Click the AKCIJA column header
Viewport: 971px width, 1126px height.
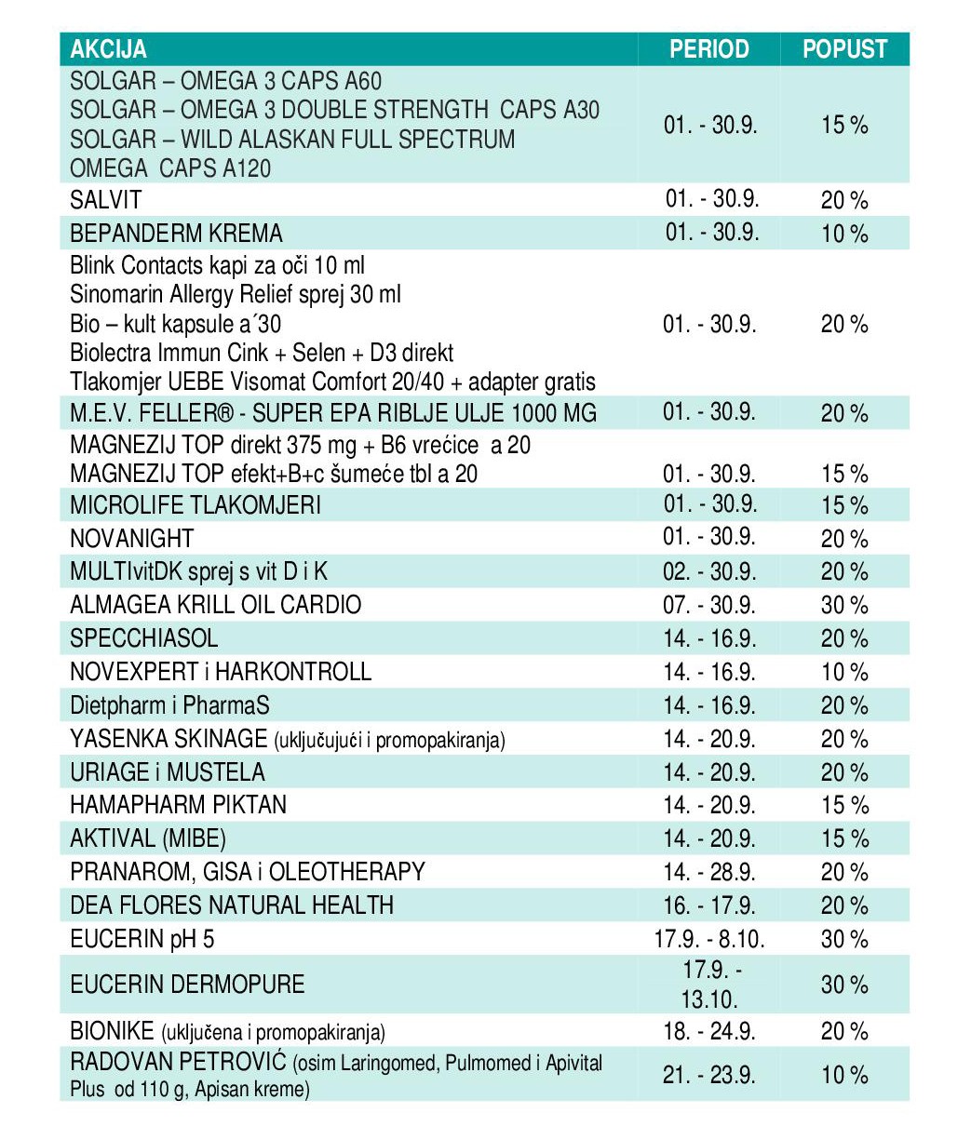coord(108,49)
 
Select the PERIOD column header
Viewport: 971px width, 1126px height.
coord(708,49)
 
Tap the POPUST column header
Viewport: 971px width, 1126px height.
coord(844,49)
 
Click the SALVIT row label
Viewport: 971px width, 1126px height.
coord(106,199)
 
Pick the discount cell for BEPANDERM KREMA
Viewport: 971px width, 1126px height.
coord(844,234)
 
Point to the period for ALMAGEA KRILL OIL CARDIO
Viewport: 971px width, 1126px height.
coord(708,605)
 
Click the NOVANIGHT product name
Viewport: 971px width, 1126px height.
coord(132,539)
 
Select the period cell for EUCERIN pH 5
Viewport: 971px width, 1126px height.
coord(709,939)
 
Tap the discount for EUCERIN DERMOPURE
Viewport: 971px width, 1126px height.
coord(844,985)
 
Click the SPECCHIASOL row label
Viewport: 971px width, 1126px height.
coord(144,637)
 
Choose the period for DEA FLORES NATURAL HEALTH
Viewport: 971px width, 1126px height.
coord(708,905)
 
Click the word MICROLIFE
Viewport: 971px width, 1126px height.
coord(126,505)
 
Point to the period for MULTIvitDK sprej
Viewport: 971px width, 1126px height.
coord(708,572)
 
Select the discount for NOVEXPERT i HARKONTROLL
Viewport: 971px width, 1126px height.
coord(844,672)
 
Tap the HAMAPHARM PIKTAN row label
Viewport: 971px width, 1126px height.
coord(178,805)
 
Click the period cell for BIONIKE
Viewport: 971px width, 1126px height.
coord(708,1031)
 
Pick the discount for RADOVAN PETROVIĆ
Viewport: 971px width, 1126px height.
coord(844,1075)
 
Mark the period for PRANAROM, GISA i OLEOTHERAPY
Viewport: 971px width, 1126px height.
coord(708,872)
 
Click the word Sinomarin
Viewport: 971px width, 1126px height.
coord(116,295)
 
